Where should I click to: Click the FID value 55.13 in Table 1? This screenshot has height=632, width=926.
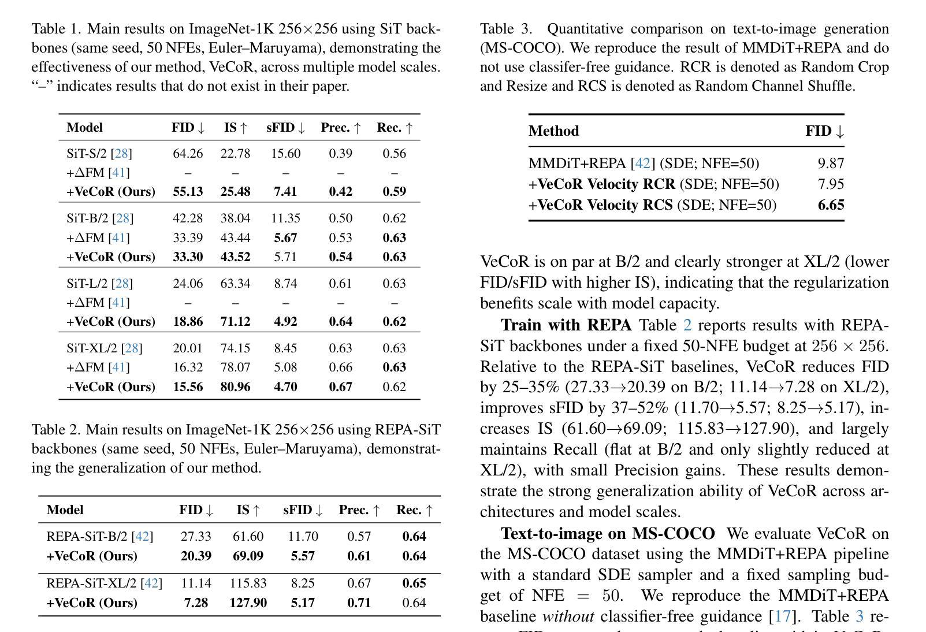click(188, 192)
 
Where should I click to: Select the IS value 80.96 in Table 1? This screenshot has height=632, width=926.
click(235, 387)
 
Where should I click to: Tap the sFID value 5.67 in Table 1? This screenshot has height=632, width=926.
click(285, 238)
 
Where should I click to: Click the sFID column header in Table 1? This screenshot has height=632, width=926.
click(285, 128)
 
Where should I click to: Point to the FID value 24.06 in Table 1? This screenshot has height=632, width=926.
click(188, 284)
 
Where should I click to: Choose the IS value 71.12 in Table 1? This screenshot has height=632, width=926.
click(235, 322)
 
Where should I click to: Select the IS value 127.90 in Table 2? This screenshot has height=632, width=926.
click(248, 603)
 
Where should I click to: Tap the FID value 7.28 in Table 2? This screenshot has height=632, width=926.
click(196, 603)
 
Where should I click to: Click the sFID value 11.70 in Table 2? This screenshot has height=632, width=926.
click(303, 537)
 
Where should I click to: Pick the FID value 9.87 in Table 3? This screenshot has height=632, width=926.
click(831, 163)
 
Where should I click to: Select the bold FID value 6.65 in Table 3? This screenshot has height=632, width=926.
click(831, 205)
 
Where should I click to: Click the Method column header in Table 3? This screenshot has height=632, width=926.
click(553, 131)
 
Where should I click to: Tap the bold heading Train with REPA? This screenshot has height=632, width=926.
click(566, 325)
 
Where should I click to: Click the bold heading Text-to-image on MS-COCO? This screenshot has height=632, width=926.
click(607, 533)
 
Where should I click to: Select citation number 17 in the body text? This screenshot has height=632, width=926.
click(783, 616)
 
